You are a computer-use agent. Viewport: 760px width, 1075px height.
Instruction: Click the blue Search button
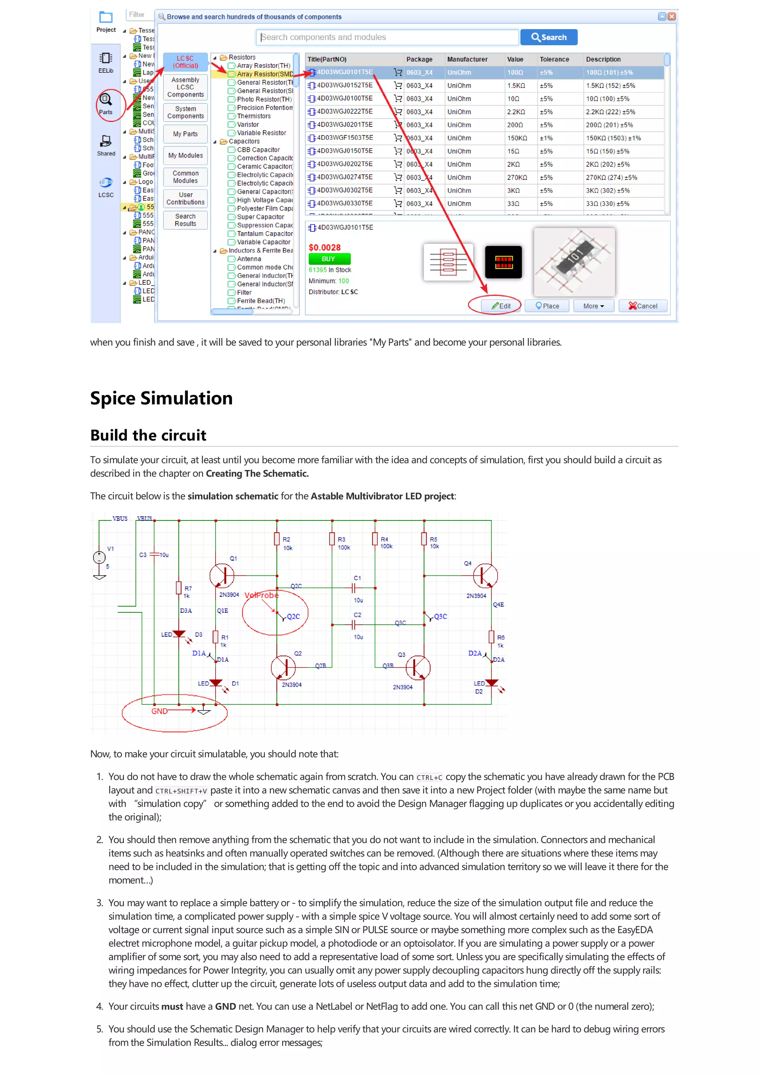point(548,37)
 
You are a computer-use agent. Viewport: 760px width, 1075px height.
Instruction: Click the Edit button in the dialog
point(501,306)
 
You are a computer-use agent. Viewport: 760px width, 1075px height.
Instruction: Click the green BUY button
point(329,259)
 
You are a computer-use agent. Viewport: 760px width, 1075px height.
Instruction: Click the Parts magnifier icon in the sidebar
point(106,100)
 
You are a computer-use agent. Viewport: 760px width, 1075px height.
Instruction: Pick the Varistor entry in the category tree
point(248,125)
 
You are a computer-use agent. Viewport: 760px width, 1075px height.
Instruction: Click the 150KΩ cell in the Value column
point(517,138)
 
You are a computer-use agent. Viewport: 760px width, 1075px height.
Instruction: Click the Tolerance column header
point(554,59)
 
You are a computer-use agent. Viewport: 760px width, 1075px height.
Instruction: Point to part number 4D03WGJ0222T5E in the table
point(345,111)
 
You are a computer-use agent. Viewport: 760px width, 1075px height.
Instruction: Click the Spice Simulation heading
point(161,398)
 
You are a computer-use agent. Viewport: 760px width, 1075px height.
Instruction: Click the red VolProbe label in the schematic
point(261,595)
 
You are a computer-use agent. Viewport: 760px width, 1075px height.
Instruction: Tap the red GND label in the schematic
point(159,711)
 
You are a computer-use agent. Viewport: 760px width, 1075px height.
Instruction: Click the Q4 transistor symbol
point(485,576)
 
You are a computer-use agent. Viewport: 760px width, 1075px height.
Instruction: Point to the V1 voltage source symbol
point(99,557)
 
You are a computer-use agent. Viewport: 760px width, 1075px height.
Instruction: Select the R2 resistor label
point(286,539)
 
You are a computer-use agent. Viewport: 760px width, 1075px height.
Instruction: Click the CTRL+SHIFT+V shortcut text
point(181,791)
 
